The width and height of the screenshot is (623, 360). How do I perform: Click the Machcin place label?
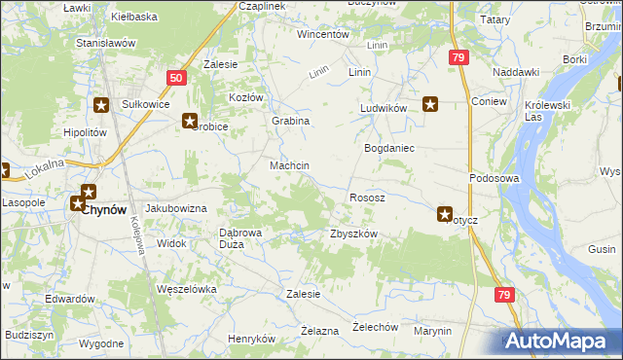[289, 165]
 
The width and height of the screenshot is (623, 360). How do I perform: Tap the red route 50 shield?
[175, 77]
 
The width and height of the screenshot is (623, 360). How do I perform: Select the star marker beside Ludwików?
[429, 102]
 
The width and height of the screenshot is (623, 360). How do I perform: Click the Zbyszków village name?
[353, 234]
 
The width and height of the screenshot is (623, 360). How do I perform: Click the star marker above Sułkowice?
[101, 104]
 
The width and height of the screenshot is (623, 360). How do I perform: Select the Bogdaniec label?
[389, 148]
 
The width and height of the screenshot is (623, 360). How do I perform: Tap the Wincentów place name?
[323, 34]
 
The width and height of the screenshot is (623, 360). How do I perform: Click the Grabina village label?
[290, 121]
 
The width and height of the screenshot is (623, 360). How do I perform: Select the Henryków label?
[252, 339]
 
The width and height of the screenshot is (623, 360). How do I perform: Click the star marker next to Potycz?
[445, 214]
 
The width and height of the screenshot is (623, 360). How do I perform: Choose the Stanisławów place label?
[105, 44]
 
